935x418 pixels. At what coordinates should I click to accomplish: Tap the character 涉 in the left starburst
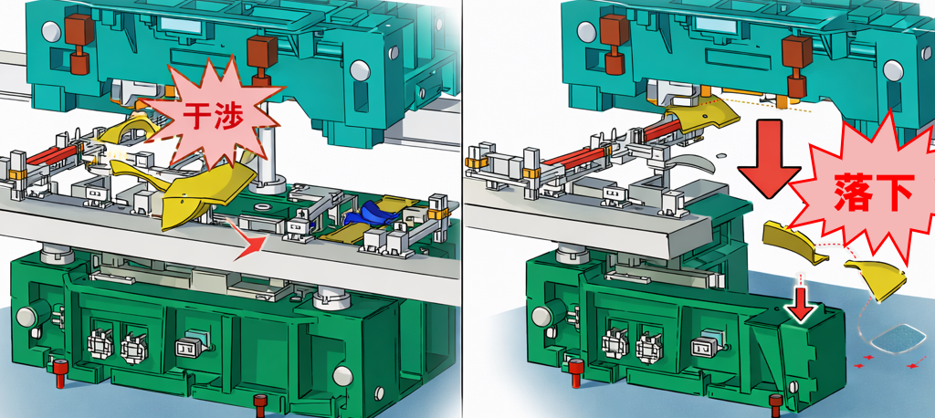pos(229,118)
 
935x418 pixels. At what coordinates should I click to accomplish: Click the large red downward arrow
pos(769,159)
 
